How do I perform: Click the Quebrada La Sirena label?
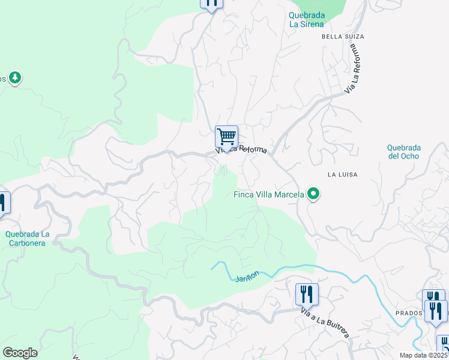[306, 20]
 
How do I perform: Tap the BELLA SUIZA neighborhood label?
[343, 37]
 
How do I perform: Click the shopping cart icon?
[226, 137]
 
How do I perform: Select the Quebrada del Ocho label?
[403, 152]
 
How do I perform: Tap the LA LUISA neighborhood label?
[343, 175]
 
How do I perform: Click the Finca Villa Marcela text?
[268, 194]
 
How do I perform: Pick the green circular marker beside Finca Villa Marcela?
[312, 194]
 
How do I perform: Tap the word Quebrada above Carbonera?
[28, 234]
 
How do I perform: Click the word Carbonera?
[28, 243]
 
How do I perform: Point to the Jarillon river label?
[247, 276]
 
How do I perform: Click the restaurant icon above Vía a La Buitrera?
[307, 294]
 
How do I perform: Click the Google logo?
[20, 353]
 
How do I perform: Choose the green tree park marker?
[15, 78]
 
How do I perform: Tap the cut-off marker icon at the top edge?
[211, 4]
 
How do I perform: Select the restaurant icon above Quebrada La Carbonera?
[3, 203]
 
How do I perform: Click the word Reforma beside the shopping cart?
[253, 149]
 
